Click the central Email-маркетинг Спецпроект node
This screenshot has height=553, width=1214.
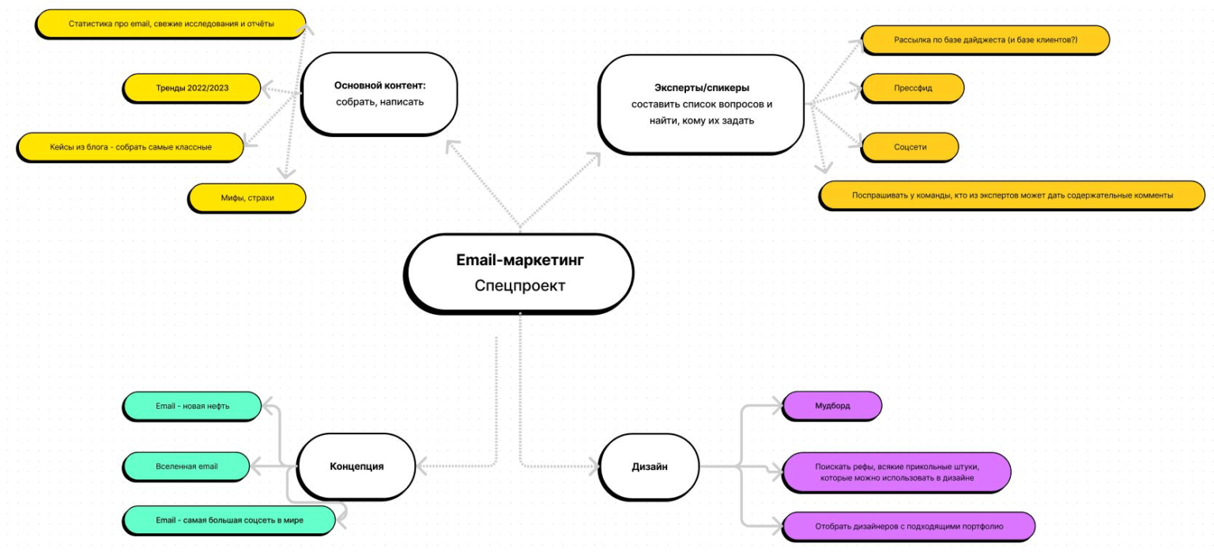click(519, 271)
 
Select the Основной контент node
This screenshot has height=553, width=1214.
click(379, 93)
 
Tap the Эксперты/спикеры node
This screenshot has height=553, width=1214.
click(701, 103)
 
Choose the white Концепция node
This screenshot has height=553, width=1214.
click(356, 466)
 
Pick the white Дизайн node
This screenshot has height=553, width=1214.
click(650, 466)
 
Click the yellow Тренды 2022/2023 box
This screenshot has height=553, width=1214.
click(192, 88)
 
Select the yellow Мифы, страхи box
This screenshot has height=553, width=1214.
click(247, 197)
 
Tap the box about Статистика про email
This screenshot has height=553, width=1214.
click(171, 24)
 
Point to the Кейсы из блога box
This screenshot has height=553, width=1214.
click(130, 147)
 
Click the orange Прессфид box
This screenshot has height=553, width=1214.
click(912, 88)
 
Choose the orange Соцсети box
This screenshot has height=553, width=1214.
click(910, 147)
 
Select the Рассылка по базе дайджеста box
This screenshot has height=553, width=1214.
click(985, 39)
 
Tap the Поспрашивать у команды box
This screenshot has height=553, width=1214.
click(1012, 195)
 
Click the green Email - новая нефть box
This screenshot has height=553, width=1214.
click(192, 406)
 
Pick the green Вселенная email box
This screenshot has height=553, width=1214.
click(186, 466)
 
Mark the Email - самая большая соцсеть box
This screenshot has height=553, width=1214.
click(228, 521)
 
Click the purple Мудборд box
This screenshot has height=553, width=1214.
click(831, 406)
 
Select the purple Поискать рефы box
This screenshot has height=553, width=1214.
click(896, 472)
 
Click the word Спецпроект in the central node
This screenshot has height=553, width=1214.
click(519, 286)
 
